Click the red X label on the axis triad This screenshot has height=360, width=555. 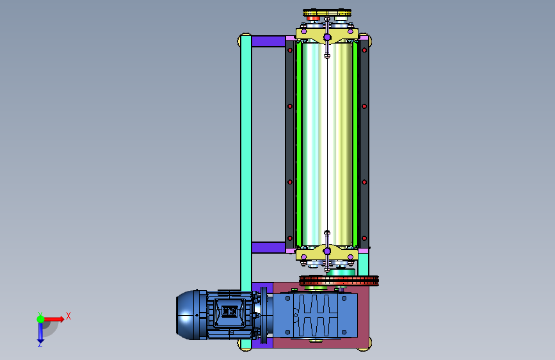68,316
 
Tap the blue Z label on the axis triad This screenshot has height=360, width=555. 40,344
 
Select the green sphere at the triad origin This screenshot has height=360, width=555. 41,319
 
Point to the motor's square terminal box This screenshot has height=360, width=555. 229,312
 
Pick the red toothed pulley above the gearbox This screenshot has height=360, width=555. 339,281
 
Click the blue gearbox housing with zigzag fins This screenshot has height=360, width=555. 315,315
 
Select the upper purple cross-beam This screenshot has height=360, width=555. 268,41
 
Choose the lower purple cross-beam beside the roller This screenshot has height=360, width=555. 268,247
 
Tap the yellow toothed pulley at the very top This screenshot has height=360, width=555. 327,13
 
